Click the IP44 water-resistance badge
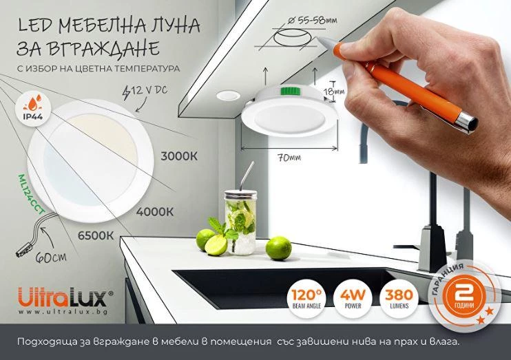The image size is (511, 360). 33,107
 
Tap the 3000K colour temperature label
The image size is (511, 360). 179,156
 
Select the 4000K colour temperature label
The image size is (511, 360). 154,212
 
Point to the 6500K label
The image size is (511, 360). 96,235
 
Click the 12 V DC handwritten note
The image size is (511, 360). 145,91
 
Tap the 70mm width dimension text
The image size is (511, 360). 289,158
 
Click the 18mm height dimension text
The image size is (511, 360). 334,92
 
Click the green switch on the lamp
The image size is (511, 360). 291,91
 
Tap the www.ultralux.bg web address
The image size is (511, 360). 63,312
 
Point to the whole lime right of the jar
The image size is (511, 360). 278,248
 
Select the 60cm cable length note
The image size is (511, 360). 51,257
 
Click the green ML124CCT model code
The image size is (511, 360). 31,195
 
